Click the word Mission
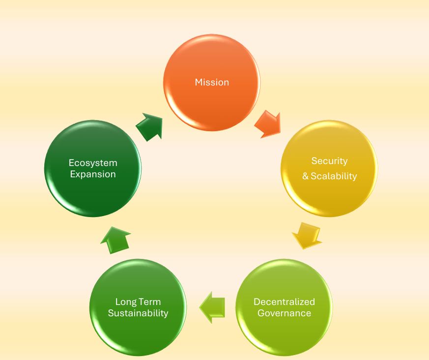(x=212, y=83)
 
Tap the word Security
(x=329, y=161)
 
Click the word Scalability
(x=334, y=176)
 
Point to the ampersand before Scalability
(x=306, y=176)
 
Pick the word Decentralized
(x=284, y=302)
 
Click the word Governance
(x=284, y=313)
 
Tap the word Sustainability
(x=138, y=313)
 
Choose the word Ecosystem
(x=93, y=163)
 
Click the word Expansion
(x=93, y=174)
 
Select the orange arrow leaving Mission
(x=268, y=123)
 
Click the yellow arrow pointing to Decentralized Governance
(x=307, y=235)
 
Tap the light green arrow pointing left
(x=213, y=307)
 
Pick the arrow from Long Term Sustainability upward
(x=116, y=239)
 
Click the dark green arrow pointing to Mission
(x=149, y=127)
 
